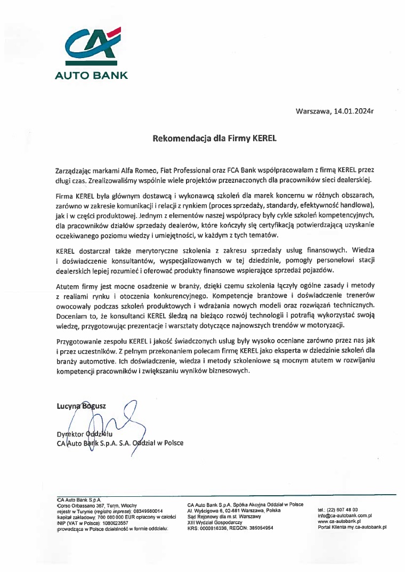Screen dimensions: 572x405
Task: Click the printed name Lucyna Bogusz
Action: (81, 406)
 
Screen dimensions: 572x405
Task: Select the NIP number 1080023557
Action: (110, 522)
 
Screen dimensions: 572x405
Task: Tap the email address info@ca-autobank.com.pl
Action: (344, 515)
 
